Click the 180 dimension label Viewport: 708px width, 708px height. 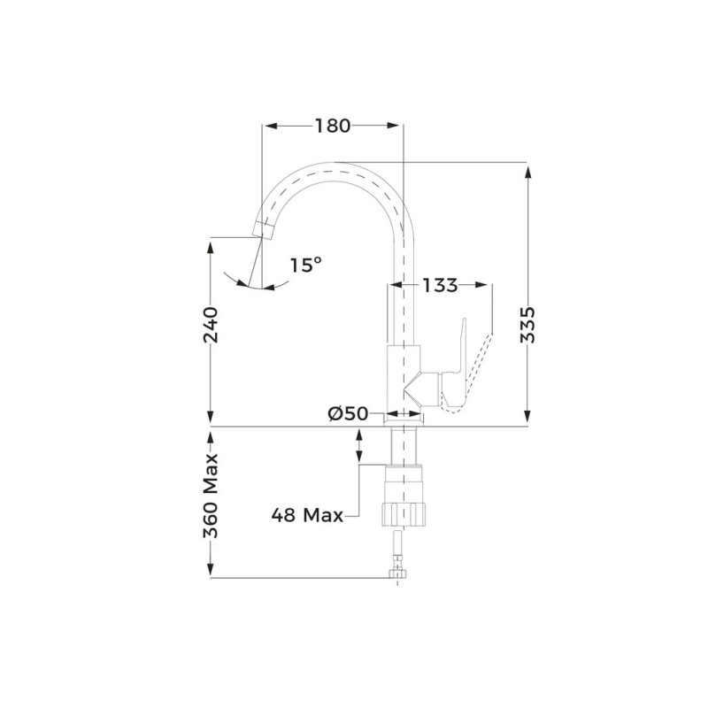333,126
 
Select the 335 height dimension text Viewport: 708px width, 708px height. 527,325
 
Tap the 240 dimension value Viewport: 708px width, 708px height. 211,325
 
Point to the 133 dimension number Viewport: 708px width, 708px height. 440,285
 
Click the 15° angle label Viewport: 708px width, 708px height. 305,265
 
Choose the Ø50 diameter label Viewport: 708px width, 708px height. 348,413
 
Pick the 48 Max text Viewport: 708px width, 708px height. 307,515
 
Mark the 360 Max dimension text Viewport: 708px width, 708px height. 211,496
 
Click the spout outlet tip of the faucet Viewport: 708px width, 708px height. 263,231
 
